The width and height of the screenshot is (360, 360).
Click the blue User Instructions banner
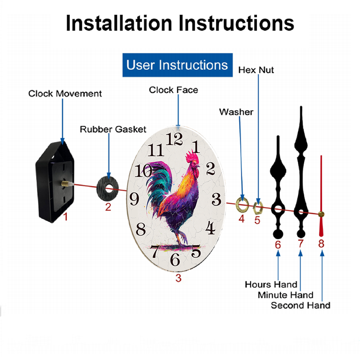(177, 65)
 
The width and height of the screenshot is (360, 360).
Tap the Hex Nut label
(256, 70)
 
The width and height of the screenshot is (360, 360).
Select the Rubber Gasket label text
(113, 129)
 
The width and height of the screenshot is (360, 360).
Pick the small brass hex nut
(258, 208)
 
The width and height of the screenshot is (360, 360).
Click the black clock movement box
(55, 182)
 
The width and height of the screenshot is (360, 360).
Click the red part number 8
(321, 244)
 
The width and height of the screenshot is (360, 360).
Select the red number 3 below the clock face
(179, 278)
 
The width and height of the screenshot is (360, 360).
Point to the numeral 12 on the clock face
(174, 139)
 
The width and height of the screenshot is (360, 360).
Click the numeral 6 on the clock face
(175, 260)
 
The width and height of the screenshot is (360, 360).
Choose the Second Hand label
(301, 305)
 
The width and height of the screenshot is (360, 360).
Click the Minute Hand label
(285, 295)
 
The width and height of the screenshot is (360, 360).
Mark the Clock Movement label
(65, 94)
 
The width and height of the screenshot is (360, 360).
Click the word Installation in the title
(119, 23)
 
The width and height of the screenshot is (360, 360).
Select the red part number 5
(257, 220)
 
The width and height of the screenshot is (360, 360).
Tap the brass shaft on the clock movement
(66, 184)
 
